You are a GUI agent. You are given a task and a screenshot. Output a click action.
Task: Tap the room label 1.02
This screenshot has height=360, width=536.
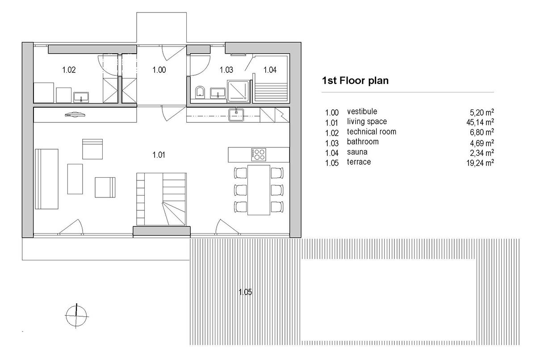(69, 70)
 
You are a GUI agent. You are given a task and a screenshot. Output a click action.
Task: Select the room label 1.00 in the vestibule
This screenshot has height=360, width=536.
(159, 70)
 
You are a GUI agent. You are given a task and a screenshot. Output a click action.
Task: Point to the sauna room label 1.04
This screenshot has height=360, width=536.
(270, 70)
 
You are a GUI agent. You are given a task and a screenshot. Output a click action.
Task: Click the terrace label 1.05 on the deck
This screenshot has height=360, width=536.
(245, 293)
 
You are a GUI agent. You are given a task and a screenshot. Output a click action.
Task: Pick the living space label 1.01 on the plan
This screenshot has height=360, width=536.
(159, 155)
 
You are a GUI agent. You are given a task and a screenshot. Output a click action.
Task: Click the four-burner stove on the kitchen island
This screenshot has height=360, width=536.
(259, 154)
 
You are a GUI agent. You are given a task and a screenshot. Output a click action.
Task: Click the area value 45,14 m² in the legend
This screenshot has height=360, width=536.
(480, 122)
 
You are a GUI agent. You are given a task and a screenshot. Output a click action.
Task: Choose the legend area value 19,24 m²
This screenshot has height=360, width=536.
(480, 163)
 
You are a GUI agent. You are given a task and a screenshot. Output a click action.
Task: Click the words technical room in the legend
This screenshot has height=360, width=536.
(371, 132)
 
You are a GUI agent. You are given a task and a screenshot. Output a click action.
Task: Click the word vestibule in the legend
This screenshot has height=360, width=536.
(362, 112)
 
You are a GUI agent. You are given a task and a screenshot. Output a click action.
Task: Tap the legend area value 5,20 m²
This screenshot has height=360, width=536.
(482, 112)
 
